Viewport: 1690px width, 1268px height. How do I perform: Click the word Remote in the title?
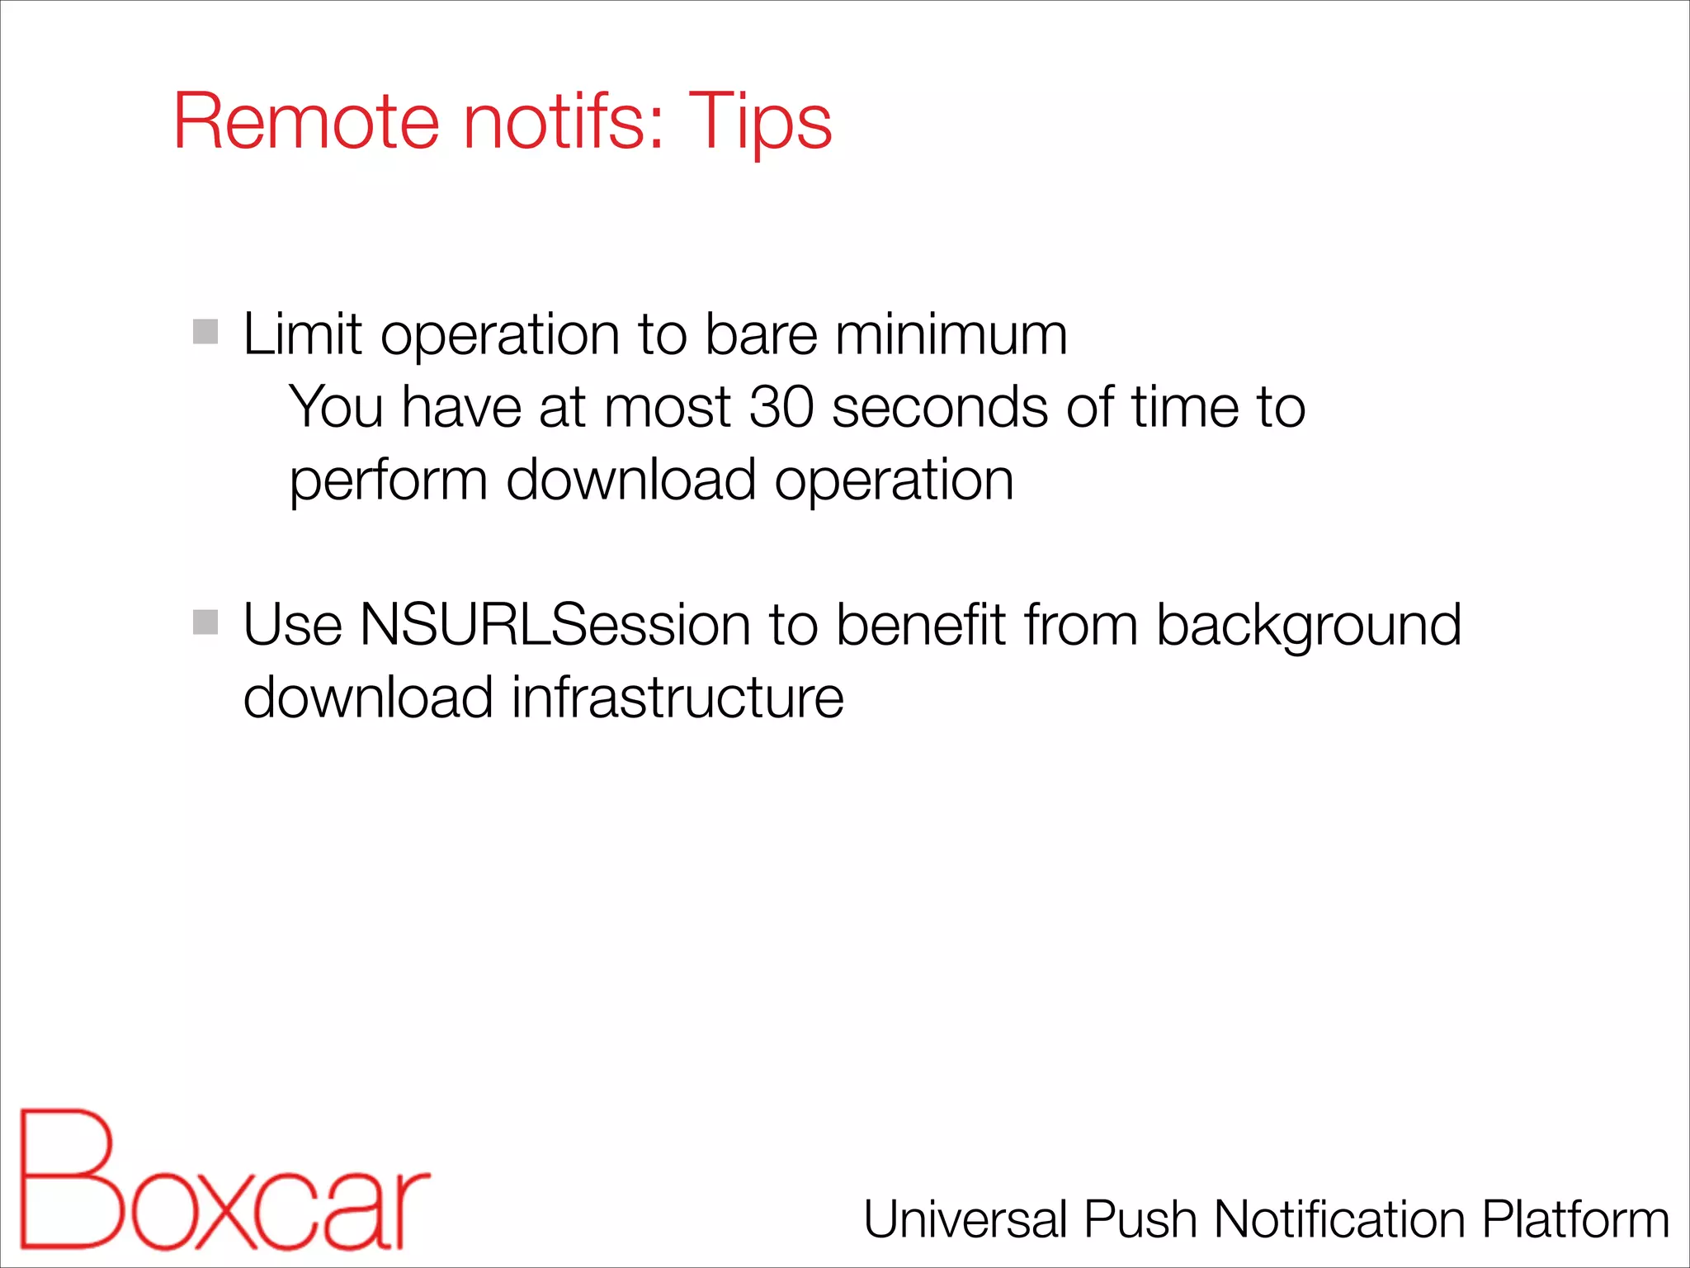pos(305,121)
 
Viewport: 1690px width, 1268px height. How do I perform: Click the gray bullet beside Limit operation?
pos(205,332)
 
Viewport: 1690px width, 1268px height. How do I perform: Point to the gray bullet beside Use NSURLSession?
pos(205,622)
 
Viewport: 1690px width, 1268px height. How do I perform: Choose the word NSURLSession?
pos(555,625)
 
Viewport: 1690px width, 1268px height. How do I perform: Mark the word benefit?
pos(921,625)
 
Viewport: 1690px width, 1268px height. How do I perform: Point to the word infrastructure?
pos(677,698)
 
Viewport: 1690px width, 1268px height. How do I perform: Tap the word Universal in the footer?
pos(965,1219)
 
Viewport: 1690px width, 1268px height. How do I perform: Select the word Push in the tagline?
pos(1140,1219)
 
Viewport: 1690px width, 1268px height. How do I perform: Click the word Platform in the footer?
pos(1575,1219)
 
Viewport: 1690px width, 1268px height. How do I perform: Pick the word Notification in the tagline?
pos(1339,1219)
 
